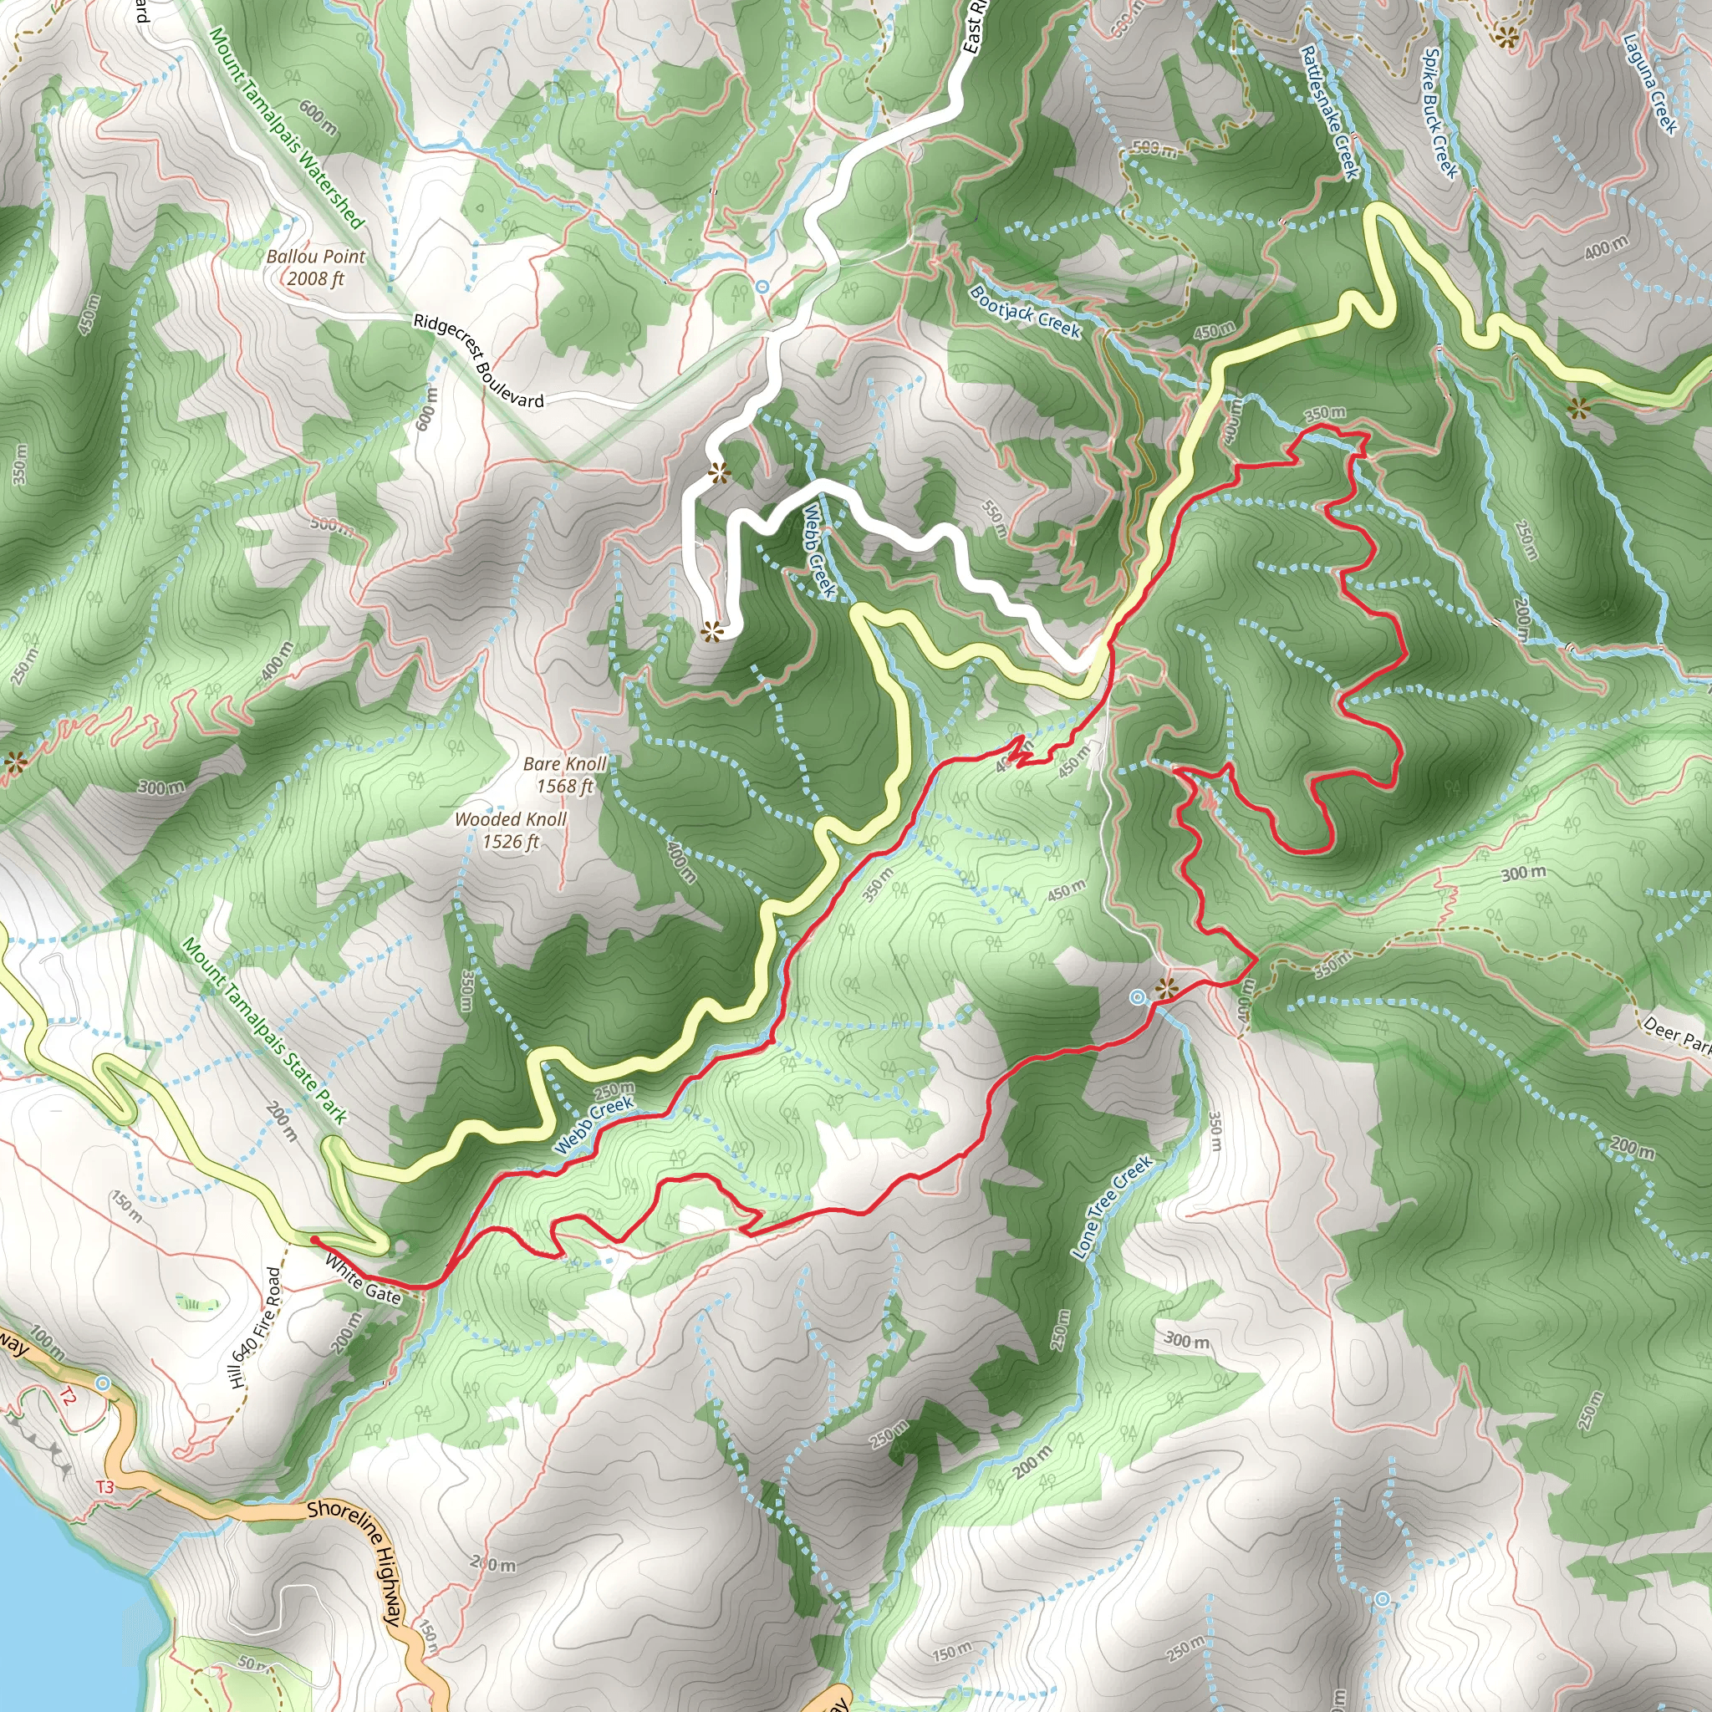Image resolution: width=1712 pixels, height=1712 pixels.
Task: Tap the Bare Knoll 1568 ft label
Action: tap(564, 774)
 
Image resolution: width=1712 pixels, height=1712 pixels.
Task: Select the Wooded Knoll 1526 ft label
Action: tap(511, 830)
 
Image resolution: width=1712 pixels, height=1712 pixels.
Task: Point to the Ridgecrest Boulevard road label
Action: tap(478, 359)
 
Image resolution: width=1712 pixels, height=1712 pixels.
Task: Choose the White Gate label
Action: tap(364, 1279)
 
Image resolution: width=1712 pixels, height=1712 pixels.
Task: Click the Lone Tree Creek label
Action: tap(1112, 1206)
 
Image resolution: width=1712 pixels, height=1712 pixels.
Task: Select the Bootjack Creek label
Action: tap(1025, 311)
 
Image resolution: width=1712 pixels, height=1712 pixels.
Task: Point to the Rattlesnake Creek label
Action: tap(1329, 112)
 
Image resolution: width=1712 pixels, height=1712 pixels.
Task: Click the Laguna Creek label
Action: tap(1650, 83)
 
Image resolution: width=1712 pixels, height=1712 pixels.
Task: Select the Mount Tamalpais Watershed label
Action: tap(286, 127)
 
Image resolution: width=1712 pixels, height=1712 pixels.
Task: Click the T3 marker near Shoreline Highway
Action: tap(105, 1487)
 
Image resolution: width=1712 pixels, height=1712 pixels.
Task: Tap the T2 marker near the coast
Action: tap(68, 1398)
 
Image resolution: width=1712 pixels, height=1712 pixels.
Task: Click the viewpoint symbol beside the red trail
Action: tap(1166, 988)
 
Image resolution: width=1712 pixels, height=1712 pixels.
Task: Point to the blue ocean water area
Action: tap(53, 1595)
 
